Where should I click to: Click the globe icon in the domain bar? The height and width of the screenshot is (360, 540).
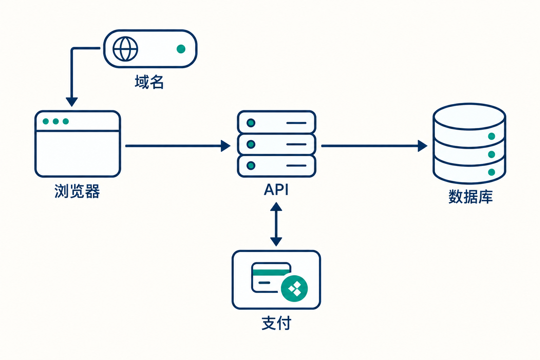[125, 49]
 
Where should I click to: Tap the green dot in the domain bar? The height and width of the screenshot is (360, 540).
[181, 49]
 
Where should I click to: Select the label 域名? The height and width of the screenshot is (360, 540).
[149, 82]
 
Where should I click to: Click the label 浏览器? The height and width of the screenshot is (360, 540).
[77, 191]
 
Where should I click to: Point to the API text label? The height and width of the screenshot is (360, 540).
[276, 190]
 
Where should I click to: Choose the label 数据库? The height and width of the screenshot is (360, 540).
[471, 197]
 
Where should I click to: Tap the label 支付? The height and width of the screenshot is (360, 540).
[277, 323]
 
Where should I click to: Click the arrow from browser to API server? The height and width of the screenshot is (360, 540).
[178, 146]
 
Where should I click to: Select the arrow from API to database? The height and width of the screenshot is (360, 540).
[374, 146]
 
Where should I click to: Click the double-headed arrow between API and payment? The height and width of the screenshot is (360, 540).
[276, 224]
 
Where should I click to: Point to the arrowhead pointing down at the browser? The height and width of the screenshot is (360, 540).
[72, 102]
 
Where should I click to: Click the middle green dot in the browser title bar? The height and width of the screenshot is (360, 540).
[56, 121]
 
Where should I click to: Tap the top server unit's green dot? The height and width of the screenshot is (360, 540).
[251, 123]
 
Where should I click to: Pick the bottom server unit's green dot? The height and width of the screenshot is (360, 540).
[251, 166]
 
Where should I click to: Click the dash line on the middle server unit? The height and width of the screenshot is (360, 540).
[296, 144]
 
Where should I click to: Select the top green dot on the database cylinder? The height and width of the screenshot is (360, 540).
[491, 136]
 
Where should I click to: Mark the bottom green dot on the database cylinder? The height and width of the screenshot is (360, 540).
[491, 172]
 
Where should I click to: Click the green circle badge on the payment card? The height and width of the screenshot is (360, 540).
[294, 288]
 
